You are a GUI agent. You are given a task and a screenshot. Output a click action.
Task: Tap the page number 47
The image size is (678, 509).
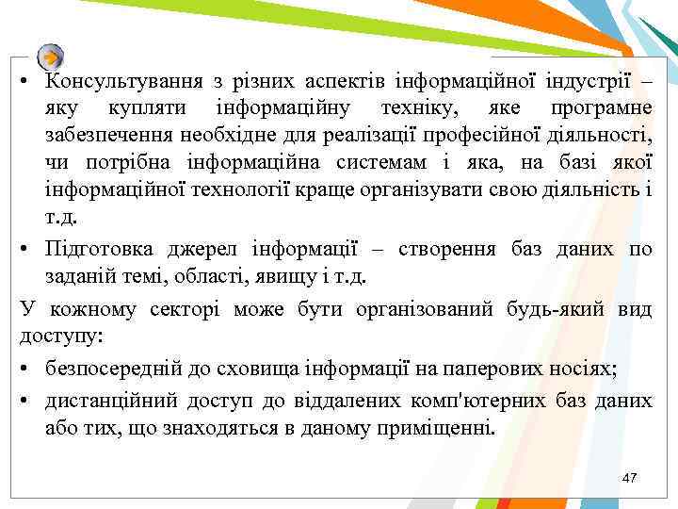coord(630,478)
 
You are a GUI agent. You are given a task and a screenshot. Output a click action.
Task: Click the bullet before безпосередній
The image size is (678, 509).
coord(25,369)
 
